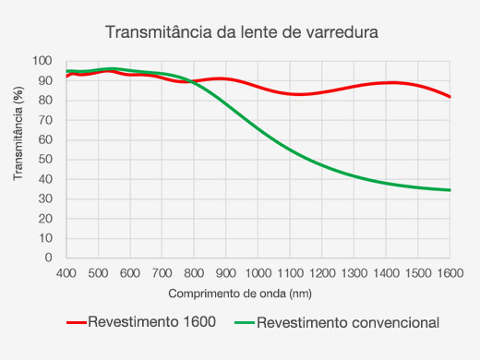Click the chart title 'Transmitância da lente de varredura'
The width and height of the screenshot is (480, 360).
[x=243, y=32]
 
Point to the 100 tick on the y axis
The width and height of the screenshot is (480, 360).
[x=43, y=61]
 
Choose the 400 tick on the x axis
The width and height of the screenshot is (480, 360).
[x=66, y=273]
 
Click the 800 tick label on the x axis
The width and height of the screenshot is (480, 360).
[x=194, y=273]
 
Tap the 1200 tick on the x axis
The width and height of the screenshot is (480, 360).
[x=322, y=273]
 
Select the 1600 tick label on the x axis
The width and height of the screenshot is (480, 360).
[x=450, y=273]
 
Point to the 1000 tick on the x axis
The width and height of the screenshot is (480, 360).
[x=258, y=273]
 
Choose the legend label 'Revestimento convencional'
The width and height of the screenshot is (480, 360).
[x=347, y=323]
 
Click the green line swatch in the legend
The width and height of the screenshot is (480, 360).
[x=243, y=323]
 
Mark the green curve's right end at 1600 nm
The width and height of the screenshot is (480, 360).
[x=450, y=190]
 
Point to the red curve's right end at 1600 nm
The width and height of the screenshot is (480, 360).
[x=450, y=97]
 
